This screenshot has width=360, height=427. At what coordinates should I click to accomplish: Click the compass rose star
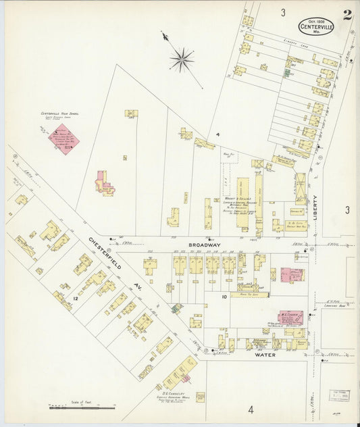182,60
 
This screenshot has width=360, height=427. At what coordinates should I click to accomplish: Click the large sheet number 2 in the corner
346,15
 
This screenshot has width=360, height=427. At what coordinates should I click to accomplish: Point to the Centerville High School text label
60,114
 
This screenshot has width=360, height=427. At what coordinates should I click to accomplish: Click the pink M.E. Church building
290,318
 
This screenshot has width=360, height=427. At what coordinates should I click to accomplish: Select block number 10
224,297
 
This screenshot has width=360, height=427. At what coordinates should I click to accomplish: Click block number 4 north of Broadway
217,135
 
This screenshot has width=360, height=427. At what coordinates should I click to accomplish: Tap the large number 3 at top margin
284,12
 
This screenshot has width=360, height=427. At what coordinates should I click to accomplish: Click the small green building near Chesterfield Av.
176,308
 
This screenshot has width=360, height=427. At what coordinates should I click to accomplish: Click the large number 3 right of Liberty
347,210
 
